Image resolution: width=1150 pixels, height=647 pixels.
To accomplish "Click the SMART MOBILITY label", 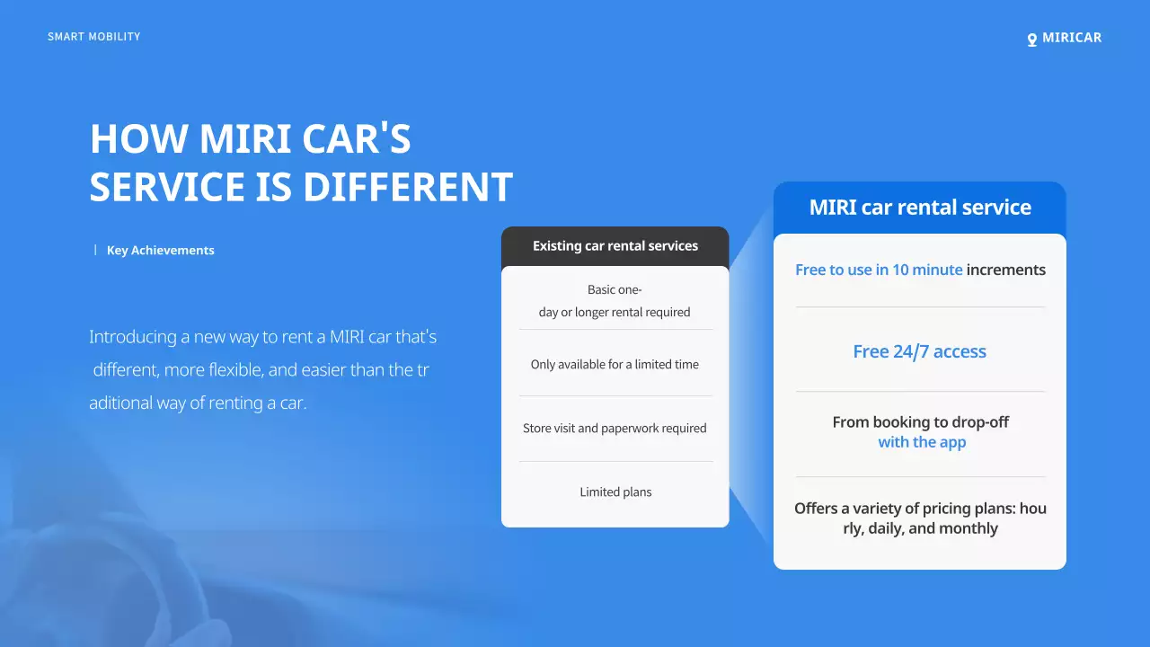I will coord(94,37).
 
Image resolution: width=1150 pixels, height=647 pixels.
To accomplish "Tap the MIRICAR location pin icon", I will coord(1032,40).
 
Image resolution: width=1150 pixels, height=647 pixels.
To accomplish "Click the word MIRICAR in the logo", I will coord(1072,38).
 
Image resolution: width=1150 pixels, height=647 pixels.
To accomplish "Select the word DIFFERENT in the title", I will coord(408,187).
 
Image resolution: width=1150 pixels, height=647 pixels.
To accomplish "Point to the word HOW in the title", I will coord(139,139).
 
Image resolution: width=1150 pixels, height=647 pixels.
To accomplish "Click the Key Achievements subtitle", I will coord(160,251).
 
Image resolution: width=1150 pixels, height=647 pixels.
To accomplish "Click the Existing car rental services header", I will coord(615,246).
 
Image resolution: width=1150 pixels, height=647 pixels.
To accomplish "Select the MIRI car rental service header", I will coord(920,208).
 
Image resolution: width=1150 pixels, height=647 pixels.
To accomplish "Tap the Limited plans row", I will coord(615,492).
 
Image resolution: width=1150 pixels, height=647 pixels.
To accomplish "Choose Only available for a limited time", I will coord(615,365).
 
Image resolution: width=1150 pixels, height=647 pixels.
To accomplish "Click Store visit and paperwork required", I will coord(615,429).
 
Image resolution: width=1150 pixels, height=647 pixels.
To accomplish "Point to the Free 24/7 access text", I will coord(919,352).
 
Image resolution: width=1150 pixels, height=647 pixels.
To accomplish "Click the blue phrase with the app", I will coord(922,442).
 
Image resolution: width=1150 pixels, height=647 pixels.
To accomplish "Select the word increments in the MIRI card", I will coord(1006,270).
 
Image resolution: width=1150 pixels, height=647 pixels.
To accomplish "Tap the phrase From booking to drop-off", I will coord(920,422).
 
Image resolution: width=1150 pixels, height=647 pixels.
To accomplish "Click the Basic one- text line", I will coord(615,290).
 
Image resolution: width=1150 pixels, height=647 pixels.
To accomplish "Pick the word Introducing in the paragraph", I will coord(133,338).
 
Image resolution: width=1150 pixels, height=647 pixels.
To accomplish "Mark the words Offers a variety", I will coord(850,509).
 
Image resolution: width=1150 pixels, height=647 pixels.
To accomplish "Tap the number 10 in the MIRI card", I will coord(900,270).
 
